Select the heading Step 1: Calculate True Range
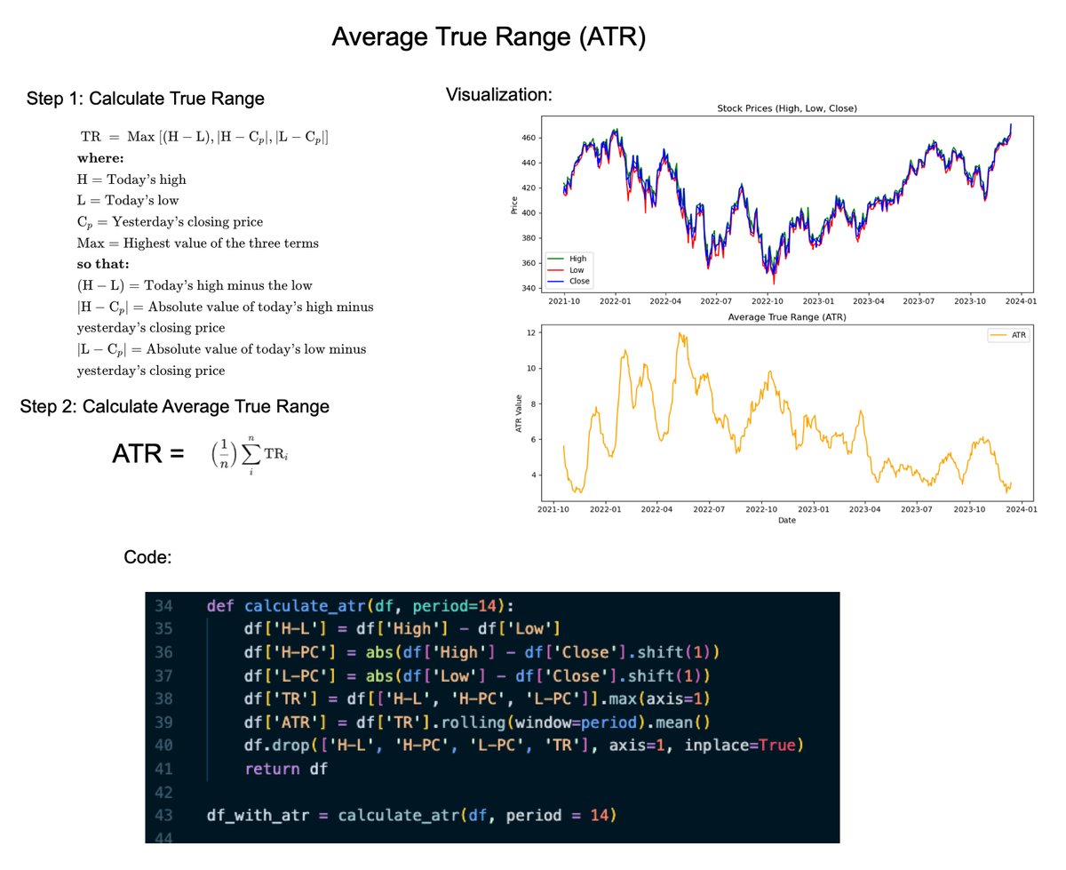pyautogui.click(x=146, y=99)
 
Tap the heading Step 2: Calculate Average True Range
pyautogui.click(x=175, y=406)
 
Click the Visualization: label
pyautogui.click(x=498, y=95)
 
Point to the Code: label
pyautogui.click(x=147, y=557)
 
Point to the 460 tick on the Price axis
pyautogui.click(x=529, y=138)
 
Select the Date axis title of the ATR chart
pyautogui.click(x=786, y=521)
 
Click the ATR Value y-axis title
pyautogui.click(x=518, y=414)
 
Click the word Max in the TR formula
pyautogui.click(x=140, y=137)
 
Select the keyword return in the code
pyautogui.click(x=274, y=769)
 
